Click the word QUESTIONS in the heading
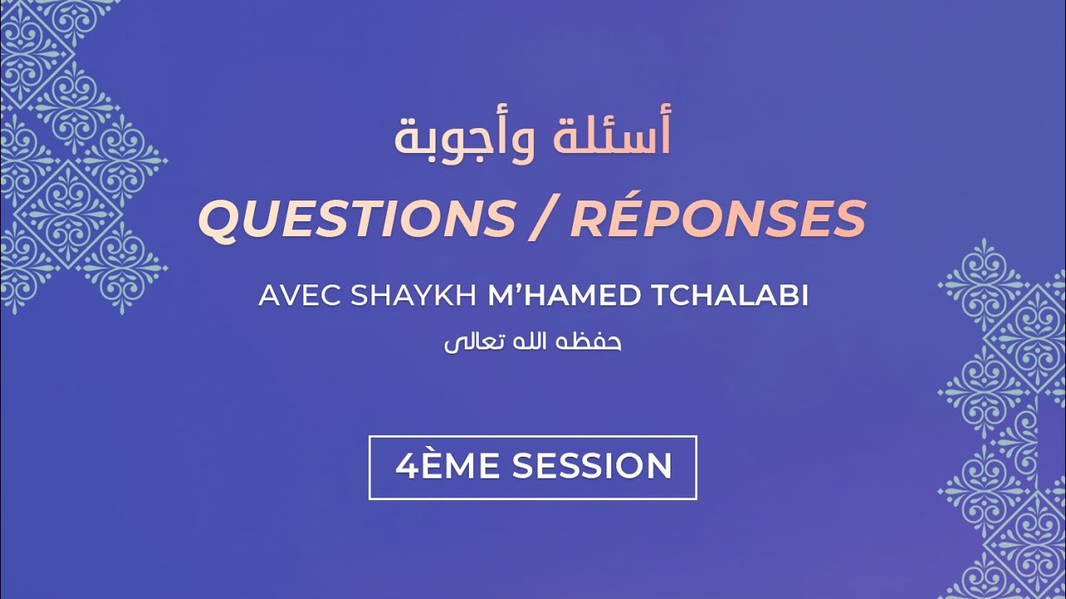pyautogui.click(x=356, y=219)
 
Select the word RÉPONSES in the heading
pyautogui.click(x=718, y=219)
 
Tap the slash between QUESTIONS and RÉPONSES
pyautogui.click(x=543, y=219)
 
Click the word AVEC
pyautogui.click(x=300, y=297)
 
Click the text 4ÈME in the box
pyautogui.click(x=448, y=467)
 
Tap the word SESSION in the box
pyautogui.click(x=592, y=467)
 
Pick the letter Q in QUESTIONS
pyautogui.click(x=217, y=220)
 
